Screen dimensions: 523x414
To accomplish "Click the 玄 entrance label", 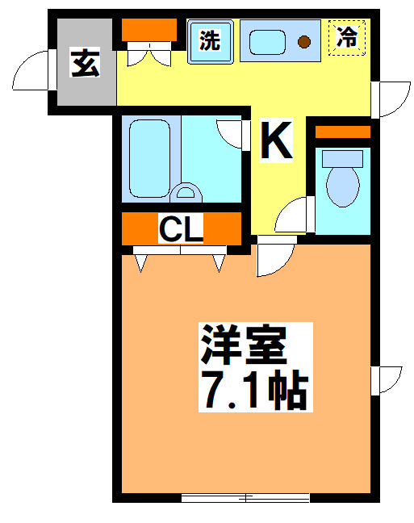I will pyautogui.click(x=85, y=64).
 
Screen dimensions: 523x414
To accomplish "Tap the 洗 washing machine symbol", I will pyautogui.click(x=210, y=40).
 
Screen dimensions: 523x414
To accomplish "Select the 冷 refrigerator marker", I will pyautogui.click(x=347, y=37).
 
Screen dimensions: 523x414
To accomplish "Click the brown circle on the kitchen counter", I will pyautogui.click(x=304, y=41).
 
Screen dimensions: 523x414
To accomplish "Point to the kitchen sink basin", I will pyautogui.click(x=268, y=41).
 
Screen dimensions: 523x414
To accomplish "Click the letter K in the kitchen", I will pyautogui.click(x=276, y=141).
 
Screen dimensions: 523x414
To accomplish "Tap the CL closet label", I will pyautogui.click(x=181, y=229).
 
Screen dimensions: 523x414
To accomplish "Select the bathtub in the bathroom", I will pyautogui.click(x=146, y=159).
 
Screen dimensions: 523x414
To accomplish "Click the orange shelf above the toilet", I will pyautogui.click(x=342, y=132).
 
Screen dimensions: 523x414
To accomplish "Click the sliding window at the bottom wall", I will pyautogui.click(x=245, y=497).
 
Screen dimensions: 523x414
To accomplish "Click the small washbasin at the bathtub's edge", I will pyautogui.click(x=186, y=193).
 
